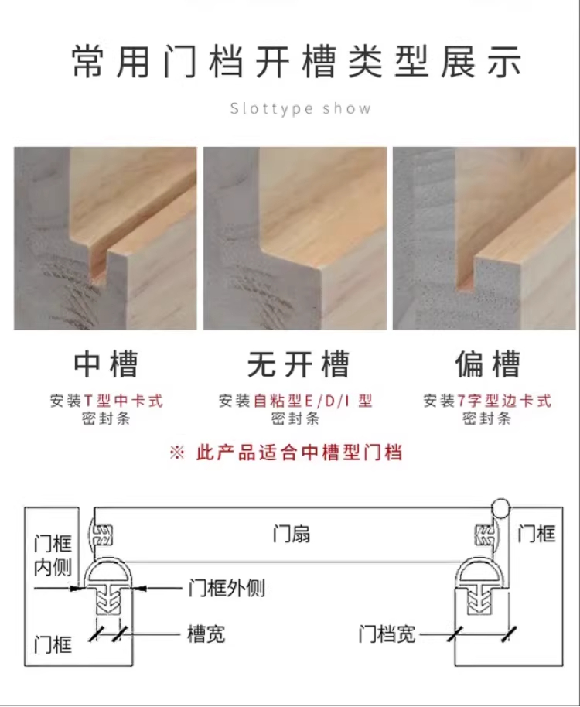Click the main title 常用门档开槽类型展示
(x=297, y=62)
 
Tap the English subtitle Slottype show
(x=301, y=108)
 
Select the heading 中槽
(x=106, y=364)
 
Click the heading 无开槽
(x=299, y=364)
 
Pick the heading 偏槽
(x=488, y=364)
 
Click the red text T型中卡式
(x=124, y=401)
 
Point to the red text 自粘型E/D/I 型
(x=312, y=401)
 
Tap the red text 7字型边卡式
(x=504, y=401)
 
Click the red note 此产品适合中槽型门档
(x=299, y=453)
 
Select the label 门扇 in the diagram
(x=292, y=534)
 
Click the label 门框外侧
(x=227, y=588)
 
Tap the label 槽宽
(x=206, y=634)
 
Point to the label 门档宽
(x=387, y=634)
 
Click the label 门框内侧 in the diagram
(x=53, y=555)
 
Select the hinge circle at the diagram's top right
(x=500, y=509)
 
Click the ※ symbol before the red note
(x=177, y=453)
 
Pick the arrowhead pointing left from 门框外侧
(x=139, y=588)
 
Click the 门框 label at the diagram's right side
(x=536, y=534)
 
